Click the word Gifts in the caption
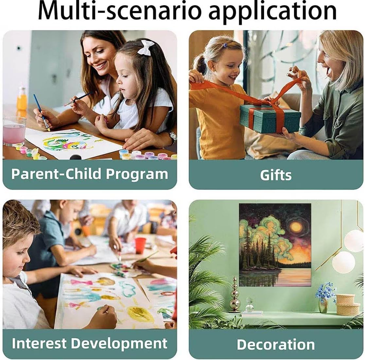[276, 175]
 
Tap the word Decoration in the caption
[276, 344]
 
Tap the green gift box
[270, 118]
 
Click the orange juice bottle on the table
[22, 99]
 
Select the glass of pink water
[14, 131]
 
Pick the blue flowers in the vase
[325, 292]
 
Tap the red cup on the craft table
[140, 246]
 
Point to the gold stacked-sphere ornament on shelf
[235, 295]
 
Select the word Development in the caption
[119, 343]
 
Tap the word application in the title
[272, 11]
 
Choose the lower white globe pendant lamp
[344, 262]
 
